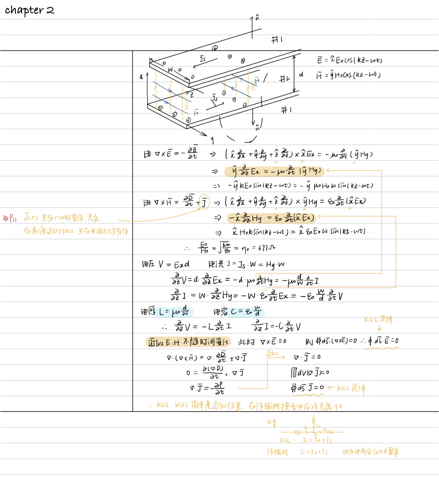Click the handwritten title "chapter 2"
29,10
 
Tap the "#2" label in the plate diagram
284,79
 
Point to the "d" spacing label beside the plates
301,74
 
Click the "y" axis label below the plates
212,140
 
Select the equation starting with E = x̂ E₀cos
350,60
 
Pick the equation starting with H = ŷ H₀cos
348,75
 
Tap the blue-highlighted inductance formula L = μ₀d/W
174,312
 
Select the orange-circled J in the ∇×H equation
204,202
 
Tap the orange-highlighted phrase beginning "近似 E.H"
188,342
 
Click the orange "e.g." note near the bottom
272,422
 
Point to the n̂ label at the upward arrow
257,18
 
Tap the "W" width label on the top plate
171,70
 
